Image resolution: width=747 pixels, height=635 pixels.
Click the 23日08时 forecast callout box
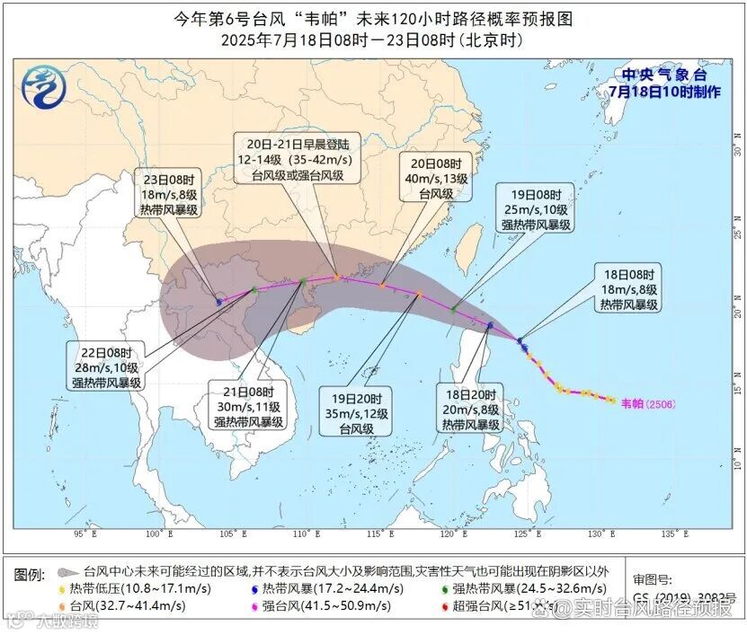[168, 193]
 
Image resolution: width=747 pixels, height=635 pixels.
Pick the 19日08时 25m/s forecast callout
[537, 209]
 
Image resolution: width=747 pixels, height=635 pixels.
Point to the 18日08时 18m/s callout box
[626, 288]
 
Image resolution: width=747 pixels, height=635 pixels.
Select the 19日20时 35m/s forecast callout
[357, 413]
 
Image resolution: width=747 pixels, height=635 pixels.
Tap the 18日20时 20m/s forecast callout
[470, 409]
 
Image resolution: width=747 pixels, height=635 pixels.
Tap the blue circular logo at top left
[42, 88]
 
